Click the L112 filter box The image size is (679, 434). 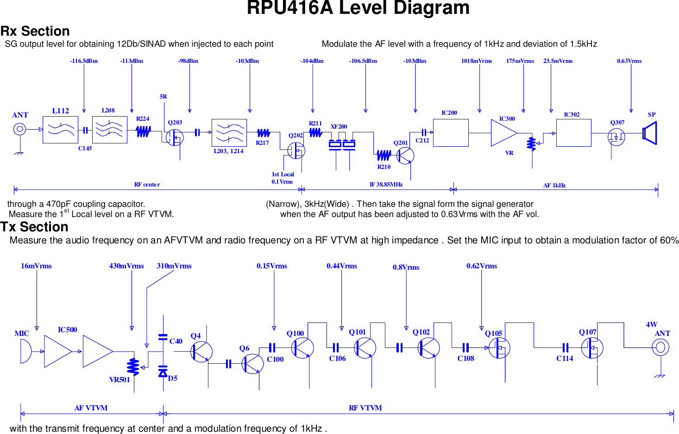pyautogui.click(x=60, y=130)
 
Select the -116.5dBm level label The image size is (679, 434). pyautogui.click(x=84, y=61)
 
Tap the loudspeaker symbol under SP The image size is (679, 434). pyautogui.click(x=650, y=133)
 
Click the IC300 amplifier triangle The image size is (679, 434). pyautogui.click(x=503, y=133)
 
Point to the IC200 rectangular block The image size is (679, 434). pyautogui.click(x=450, y=133)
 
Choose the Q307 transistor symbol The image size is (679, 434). pyautogui.click(x=616, y=137)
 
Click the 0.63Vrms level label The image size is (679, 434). pyautogui.click(x=629, y=61)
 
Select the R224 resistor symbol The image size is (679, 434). pyautogui.click(x=143, y=132)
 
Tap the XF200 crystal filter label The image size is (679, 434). pyautogui.click(x=339, y=127)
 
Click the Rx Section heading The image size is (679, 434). pyautogui.click(x=35, y=31)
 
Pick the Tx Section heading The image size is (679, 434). pyautogui.click(x=34, y=227)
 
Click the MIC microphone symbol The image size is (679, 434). pyautogui.click(x=25, y=351)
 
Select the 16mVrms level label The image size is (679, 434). pyautogui.click(x=36, y=266)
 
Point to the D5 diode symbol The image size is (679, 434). pyautogui.click(x=163, y=372)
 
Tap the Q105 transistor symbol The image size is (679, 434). pyautogui.click(x=500, y=348)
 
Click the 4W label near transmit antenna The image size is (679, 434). pyautogui.click(x=651, y=325)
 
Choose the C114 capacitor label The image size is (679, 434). pyautogui.click(x=565, y=359)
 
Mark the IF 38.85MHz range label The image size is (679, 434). pyautogui.click(x=386, y=185)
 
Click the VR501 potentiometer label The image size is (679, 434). pyautogui.click(x=119, y=380)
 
